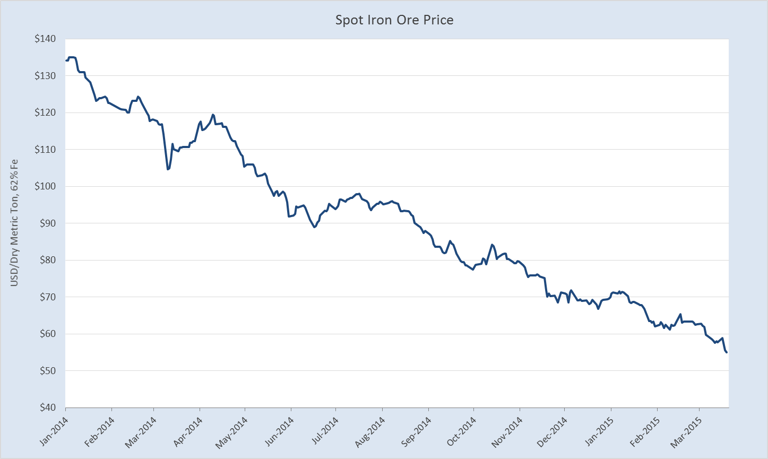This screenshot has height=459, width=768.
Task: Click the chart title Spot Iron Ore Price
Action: [x=394, y=20]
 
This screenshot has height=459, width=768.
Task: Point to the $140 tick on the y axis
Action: [x=49, y=39]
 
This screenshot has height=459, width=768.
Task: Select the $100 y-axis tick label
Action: [x=49, y=187]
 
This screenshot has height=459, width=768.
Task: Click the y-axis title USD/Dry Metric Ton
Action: [x=14, y=223]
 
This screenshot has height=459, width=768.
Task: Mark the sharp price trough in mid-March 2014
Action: [x=168, y=169]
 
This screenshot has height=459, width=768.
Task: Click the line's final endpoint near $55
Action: [x=727, y=352]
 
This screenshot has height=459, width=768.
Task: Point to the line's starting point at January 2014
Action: [x=66, y=60]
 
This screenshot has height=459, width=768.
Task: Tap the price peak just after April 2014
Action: [x=213, y=115]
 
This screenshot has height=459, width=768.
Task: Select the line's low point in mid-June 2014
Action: [x=314, y=227]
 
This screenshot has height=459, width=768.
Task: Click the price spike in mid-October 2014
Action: [x=492, y=245]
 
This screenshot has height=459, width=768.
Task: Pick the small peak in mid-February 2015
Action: [x=680, y=314]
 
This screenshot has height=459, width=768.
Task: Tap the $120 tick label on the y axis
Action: [x=49, y=113]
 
